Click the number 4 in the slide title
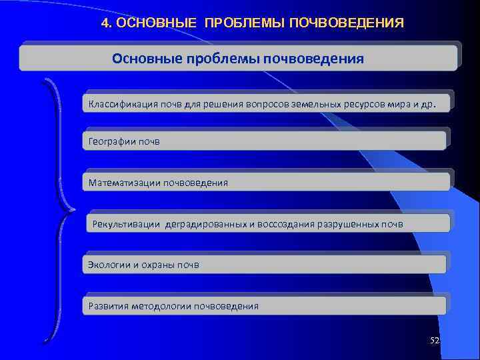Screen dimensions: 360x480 tap(105, 23)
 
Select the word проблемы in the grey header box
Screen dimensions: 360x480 tap(227, 59)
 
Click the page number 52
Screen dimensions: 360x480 tap(435, 341)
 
